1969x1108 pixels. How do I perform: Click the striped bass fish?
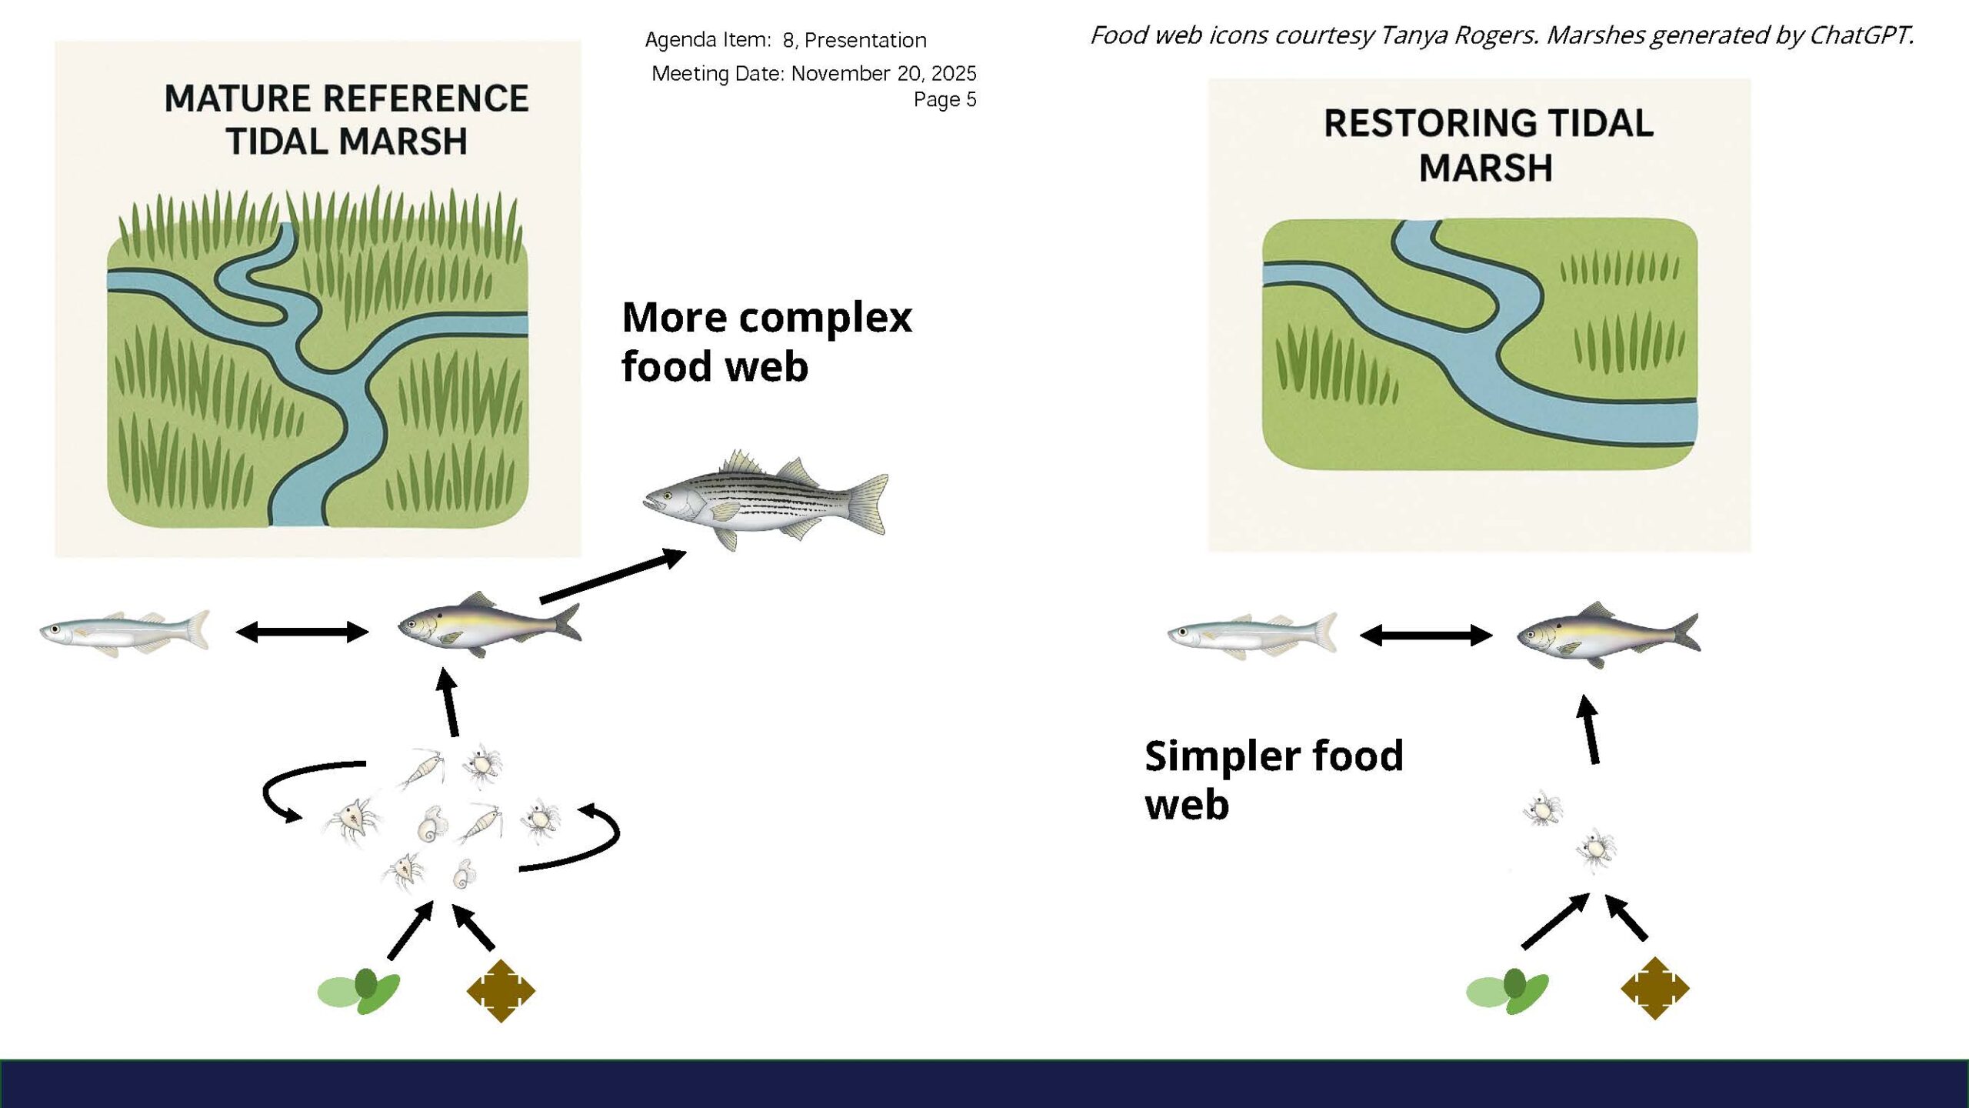pos(765,500)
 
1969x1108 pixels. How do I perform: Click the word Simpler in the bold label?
pos(1220,756)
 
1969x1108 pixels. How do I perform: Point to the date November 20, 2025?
pos(884,73)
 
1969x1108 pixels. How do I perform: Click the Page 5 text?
pos(945,99)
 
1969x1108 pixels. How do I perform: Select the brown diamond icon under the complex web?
pos(501,990)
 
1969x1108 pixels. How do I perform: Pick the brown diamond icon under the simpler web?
pos(1654,988)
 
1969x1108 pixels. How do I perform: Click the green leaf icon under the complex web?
pos(359,991)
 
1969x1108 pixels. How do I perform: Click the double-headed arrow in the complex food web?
pos(302,632)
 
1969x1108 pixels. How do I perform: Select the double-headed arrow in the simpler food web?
pos(1426,636)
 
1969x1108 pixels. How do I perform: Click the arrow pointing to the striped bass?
pos(613,576)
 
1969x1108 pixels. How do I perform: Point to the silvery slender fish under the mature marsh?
pos(125,632)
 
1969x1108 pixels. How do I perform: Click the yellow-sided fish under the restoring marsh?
pos(1608,635)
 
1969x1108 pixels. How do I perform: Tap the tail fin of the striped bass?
pos(868,503)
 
